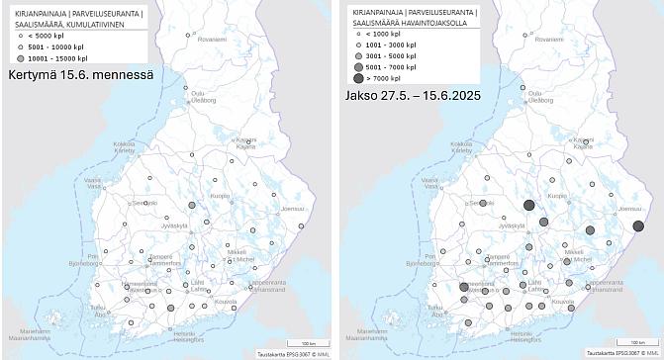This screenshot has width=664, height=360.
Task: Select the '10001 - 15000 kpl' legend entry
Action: (x=57, y=57)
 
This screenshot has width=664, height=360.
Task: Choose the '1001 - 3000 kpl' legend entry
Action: (x=392, y=45)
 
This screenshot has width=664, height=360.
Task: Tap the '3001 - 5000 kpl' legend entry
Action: (x=392, y=55)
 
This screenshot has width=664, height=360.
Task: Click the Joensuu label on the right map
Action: (x=629, y=210)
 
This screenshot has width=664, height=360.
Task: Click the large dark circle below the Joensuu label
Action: (x=637, y=225)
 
